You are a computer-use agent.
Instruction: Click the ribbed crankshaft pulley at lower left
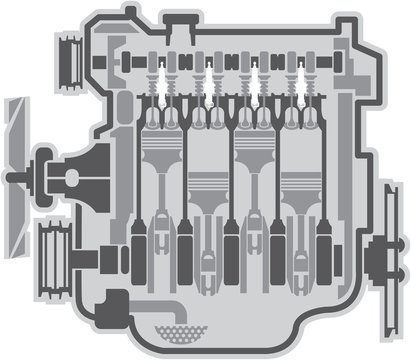coord(58,248)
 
